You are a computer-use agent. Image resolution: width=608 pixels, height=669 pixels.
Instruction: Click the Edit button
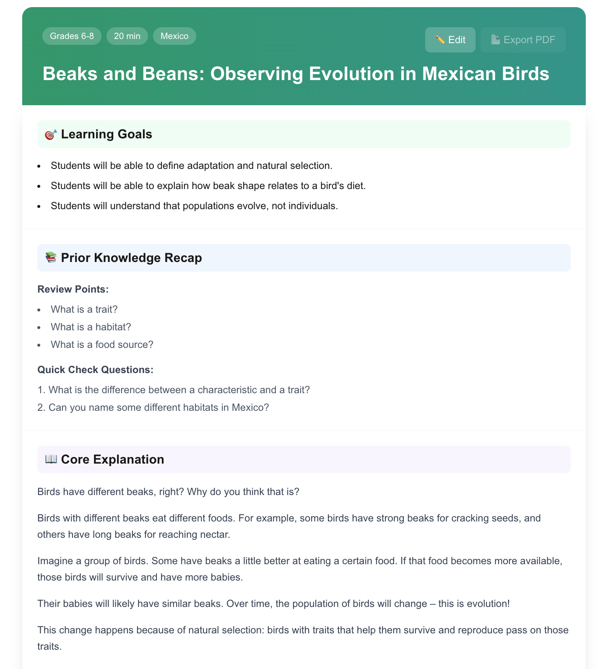point(450,40)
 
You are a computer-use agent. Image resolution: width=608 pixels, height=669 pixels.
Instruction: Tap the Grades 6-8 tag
point(72,36)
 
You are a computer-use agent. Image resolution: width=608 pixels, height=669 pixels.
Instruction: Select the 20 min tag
point(127,36)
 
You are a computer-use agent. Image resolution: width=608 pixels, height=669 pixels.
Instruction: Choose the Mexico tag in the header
point(174,36)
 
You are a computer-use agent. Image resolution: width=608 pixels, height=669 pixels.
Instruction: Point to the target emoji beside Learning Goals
point(51,135)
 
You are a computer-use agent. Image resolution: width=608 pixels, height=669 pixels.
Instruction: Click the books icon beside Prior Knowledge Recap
point(51,258)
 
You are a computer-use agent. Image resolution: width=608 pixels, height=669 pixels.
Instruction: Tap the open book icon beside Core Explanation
point(51,459)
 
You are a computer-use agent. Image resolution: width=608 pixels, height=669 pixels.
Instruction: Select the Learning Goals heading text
point(107,135)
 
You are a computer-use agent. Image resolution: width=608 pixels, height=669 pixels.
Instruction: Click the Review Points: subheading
point(73,289)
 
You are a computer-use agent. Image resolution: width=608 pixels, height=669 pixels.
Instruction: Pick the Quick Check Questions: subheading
point(95,370)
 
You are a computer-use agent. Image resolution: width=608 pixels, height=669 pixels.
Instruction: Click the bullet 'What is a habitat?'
point(91,327)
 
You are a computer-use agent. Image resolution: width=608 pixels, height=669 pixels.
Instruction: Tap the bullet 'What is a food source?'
point(102,345)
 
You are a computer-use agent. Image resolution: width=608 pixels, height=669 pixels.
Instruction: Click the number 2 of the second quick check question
point(40,407)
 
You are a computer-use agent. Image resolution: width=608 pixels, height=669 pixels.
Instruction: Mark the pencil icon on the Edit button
point(440,40)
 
